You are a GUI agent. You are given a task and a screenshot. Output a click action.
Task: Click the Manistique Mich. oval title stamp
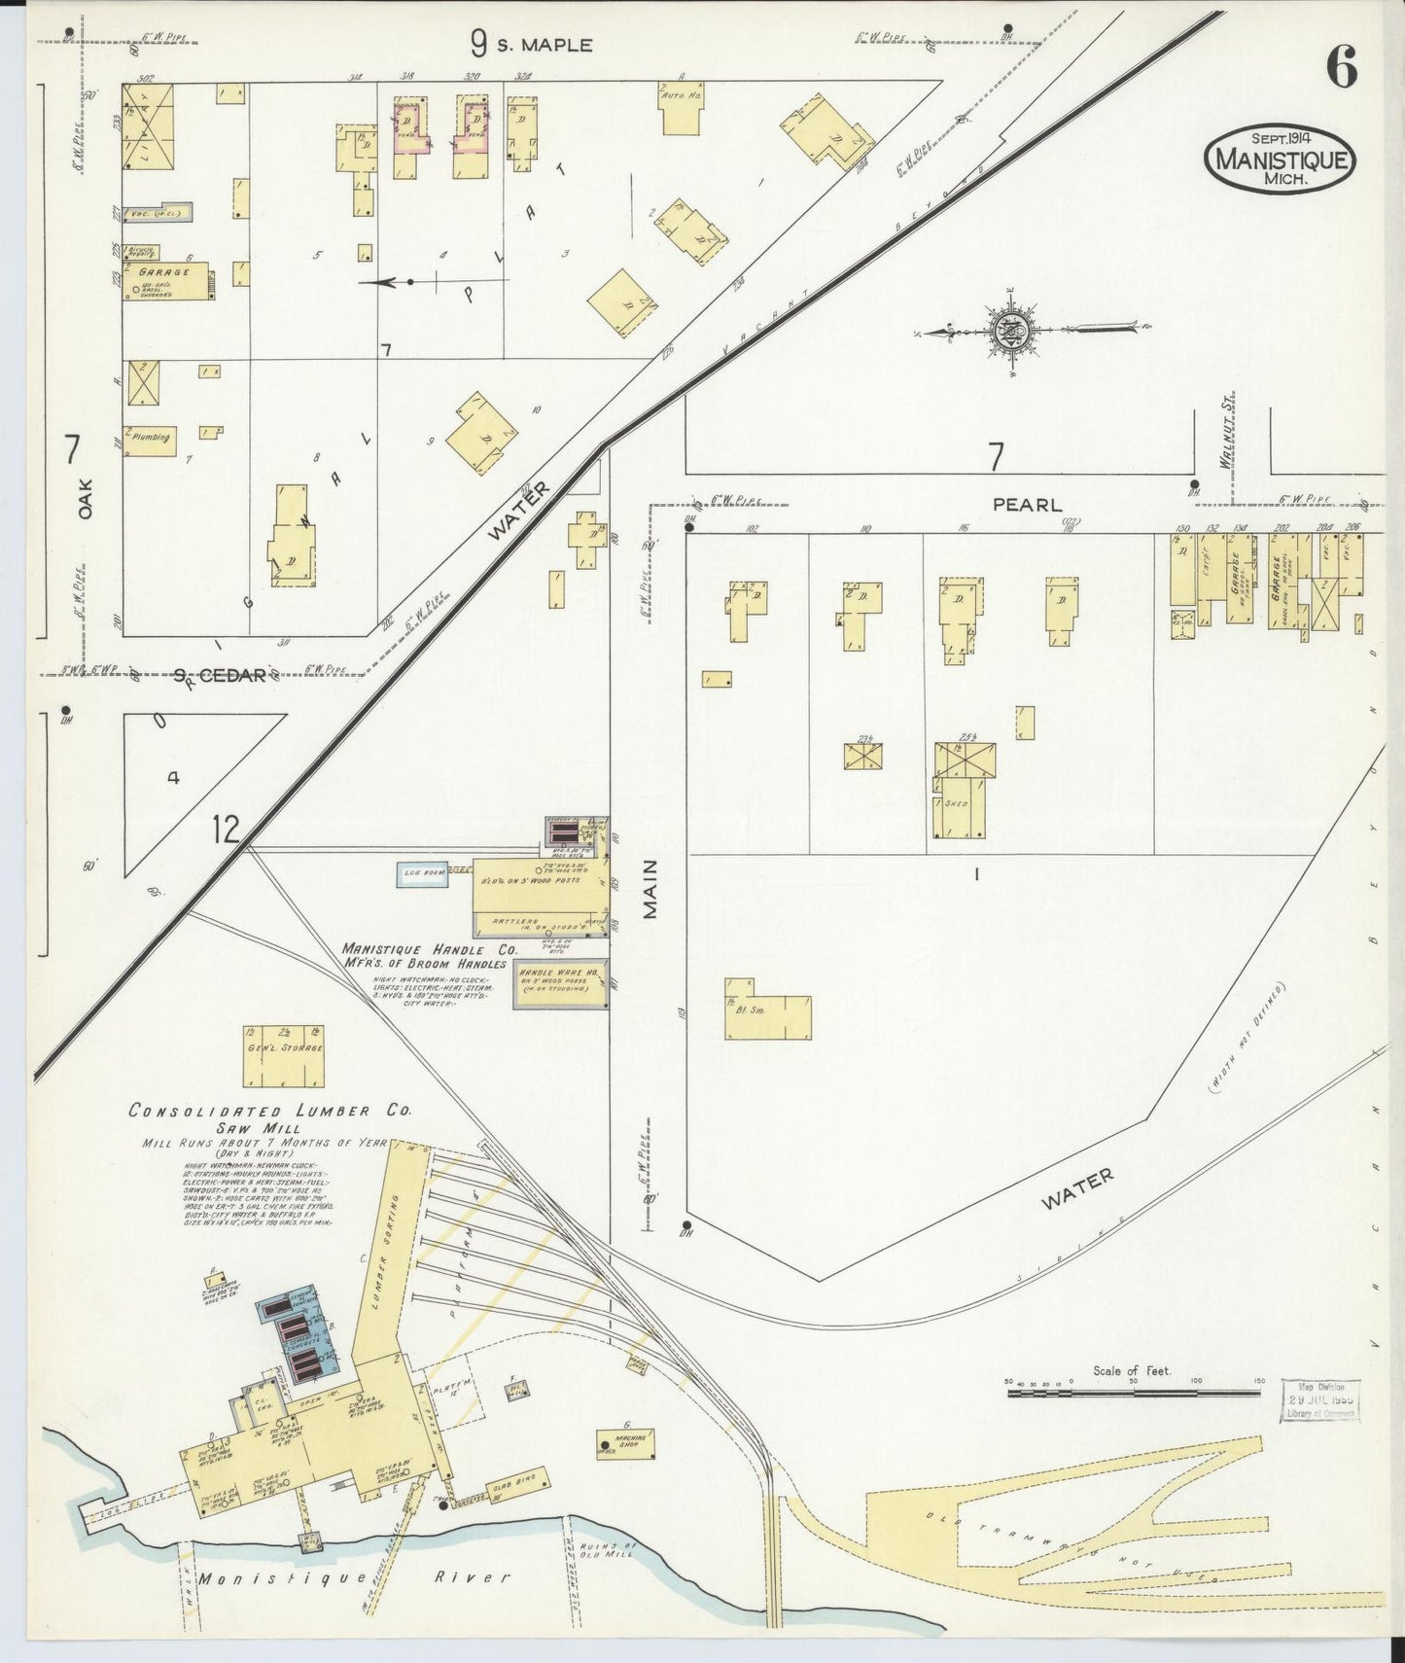(x=1280, y=157)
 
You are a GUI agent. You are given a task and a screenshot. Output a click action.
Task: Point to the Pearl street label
(x=1027, y=506)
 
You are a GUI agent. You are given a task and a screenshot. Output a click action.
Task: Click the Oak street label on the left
(x=85, y=497)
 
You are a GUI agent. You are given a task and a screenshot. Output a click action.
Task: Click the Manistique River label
(x=354, y=1576)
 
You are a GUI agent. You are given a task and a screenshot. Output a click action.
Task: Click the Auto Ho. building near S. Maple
(x=682, y=110)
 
